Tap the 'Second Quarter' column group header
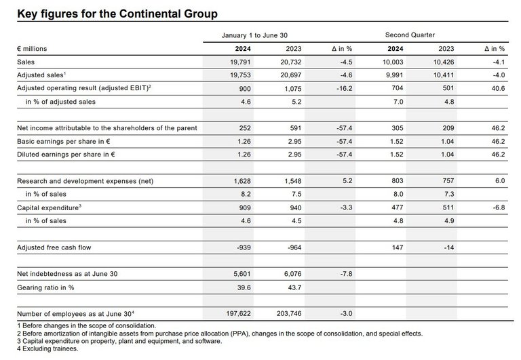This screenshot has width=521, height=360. [410, 34]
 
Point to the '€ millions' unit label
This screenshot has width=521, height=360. [33, 49]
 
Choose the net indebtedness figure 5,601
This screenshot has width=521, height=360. [242, 274]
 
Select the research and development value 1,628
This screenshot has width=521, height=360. [242, 182]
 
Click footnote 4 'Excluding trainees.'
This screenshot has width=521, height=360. [44, 349]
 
